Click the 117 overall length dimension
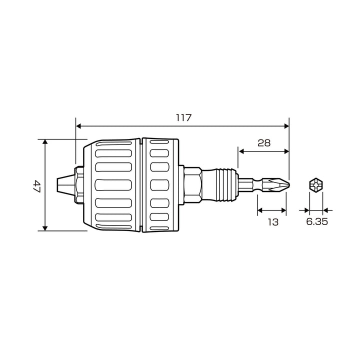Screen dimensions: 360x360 click(183, 118)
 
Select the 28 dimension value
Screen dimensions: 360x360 click(264, 143)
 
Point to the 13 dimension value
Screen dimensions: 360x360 click(273, 222)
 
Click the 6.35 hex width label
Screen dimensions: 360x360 click(317, 221)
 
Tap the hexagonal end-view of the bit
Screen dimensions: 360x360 click(316, 185)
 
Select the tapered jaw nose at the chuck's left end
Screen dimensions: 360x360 click(65, 184)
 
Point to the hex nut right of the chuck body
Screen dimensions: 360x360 click(193, 185)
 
